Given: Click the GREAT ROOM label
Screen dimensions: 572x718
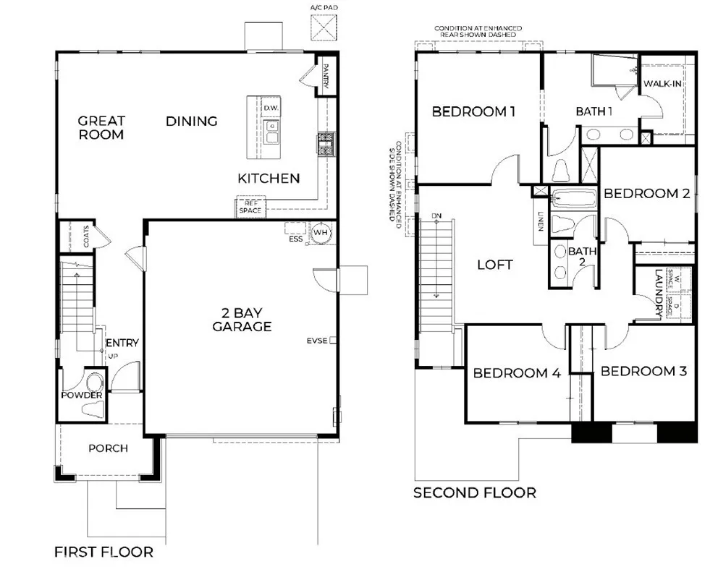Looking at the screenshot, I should [x=101, y=128].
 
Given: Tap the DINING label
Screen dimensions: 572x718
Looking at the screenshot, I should [x=192, y=121].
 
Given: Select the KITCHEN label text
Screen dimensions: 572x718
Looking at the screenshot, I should [x=269, y=179].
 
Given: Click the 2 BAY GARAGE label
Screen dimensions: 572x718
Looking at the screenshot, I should [x=242, y=320].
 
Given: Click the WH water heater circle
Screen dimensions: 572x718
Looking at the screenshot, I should [x=321, y=233].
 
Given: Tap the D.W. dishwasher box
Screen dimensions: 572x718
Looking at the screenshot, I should [x=271, y=108].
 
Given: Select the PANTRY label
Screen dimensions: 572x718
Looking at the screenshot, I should [x=326, y=76].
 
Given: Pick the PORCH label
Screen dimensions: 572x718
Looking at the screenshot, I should [x=108, y=448].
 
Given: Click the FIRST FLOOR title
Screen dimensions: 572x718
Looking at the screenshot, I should [x=104, y=552].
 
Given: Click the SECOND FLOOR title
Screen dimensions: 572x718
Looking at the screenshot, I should [x=474, y=493].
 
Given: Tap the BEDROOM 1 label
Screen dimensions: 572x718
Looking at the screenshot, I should [x=474, y=111].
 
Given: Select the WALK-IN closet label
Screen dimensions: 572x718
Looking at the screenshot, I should [x=663, y=84].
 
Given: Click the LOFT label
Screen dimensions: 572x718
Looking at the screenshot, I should [x=495, y=265].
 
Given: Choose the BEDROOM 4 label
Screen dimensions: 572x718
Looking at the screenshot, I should [x=517, y=373].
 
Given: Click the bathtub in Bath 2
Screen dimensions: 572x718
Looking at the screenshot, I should [x=573, y=198].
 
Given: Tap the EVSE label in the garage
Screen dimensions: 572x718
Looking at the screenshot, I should [x=317, y=341].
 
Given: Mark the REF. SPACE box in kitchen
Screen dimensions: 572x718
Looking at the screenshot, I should [x=251, y=207].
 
